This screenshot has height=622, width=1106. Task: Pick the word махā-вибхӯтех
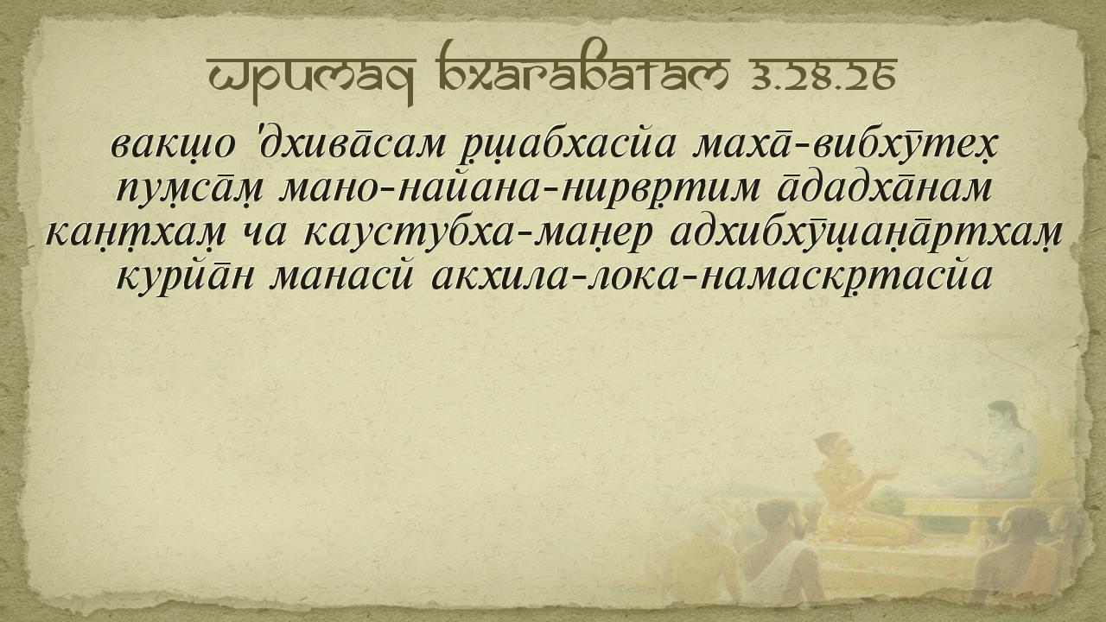pos(844,146)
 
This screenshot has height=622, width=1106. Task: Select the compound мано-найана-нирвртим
pos(519,189)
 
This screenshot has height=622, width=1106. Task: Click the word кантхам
pos(136,233)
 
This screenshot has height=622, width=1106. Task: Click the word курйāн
pos(185,276)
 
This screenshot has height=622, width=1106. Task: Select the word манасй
pos(340,276)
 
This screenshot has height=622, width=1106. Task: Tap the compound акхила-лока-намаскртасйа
pos(712,276)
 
